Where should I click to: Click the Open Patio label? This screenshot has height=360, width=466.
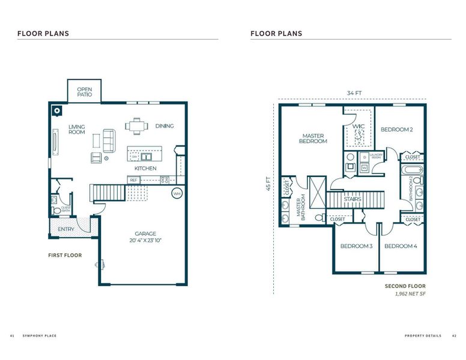pos(83,92)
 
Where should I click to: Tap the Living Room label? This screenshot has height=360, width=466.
pos(77,130)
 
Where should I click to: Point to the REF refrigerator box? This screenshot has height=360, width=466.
pos(134,179)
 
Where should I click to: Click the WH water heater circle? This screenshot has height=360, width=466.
pos(177,194)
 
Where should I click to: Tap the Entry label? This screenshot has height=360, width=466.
pos(65,229)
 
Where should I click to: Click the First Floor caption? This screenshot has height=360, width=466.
pos(65,255)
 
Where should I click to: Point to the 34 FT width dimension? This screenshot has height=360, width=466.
pos(354,93)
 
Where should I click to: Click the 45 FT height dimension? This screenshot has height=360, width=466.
pos(268,184)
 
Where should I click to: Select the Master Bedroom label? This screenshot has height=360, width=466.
pos(314,139)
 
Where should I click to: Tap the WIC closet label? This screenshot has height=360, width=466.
pos(359,127)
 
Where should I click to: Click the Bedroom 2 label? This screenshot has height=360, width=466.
pos(396,129)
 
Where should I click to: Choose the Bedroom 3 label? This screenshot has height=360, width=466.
pos(356,246)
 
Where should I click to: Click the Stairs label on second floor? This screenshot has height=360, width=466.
pos(353,199)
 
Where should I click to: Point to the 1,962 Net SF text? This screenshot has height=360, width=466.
pos(410,295)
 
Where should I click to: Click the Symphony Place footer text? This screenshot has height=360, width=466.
pos(40,335)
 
